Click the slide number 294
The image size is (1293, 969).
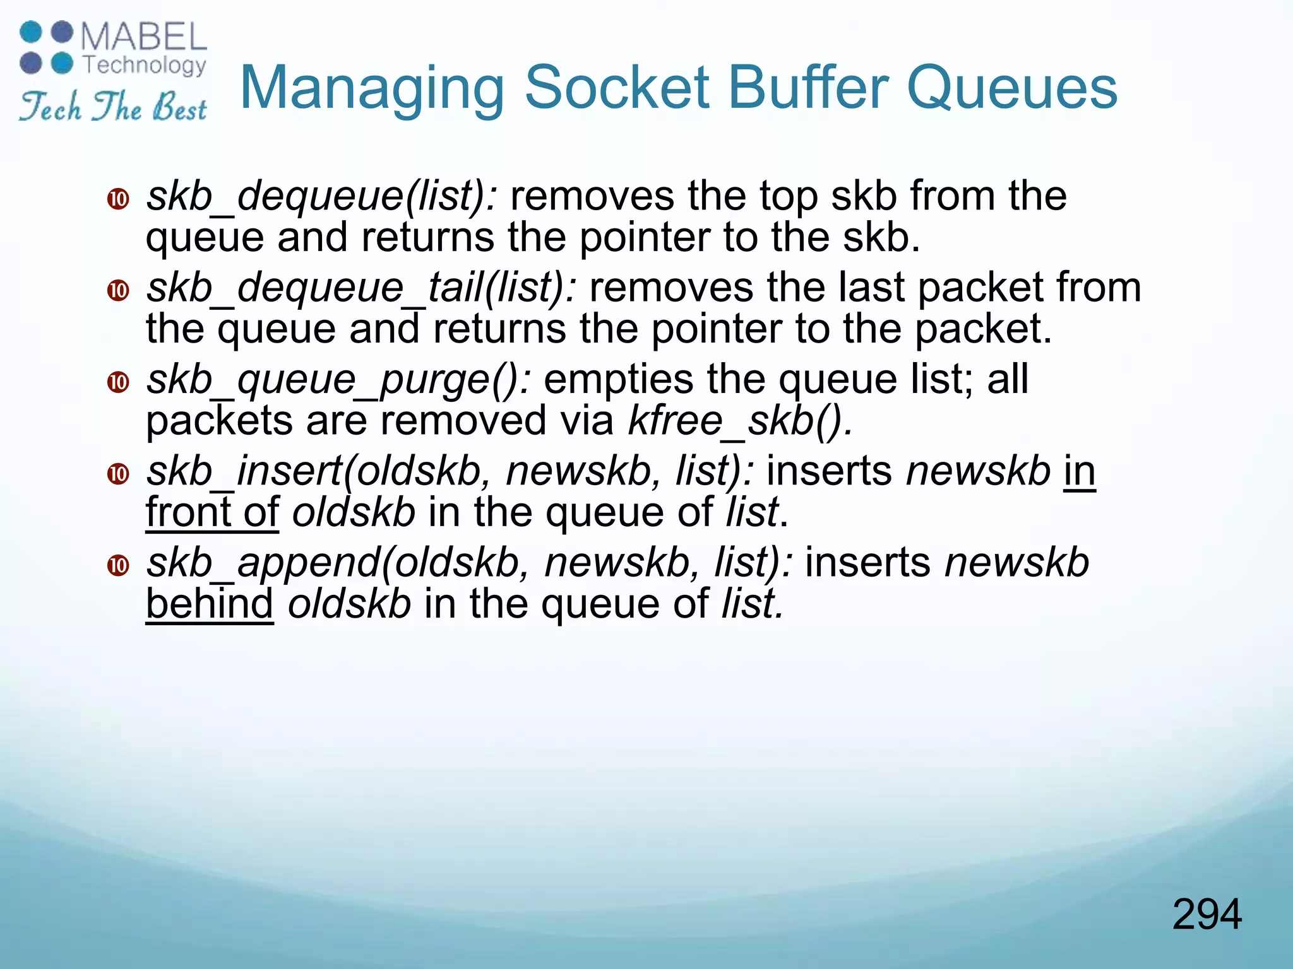tap(1207, 914)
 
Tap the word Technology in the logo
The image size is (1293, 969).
tap(145, 65)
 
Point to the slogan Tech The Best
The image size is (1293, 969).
tap(112, 106)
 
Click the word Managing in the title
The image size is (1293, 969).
tap(372, 88)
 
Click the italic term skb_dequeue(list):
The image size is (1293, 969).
tap(322, 196)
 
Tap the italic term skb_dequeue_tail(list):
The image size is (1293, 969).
tap(361, 288)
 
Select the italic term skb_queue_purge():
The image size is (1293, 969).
tap(338, 380)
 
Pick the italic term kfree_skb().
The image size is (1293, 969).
tap(741, 421)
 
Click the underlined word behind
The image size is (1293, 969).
tap(210, 604)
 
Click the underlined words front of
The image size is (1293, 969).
tap(212, 512)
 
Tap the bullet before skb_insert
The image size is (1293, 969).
tap(118, 473)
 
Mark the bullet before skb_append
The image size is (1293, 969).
tap(118, 565)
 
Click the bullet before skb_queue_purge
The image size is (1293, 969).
tap(118, 382)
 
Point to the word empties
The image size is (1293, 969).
tap(618, 380)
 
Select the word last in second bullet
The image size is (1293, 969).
tap(872, 288)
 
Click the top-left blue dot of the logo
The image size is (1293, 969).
tap(32, 32)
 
